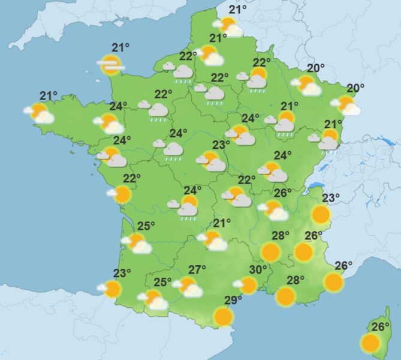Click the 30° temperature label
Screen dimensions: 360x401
coord(258,269)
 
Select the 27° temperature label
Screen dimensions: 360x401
coord(197,269)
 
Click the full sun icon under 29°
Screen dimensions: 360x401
coord(224,316)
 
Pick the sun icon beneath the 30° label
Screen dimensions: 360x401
coord(248,285)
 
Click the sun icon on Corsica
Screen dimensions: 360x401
coord(370,343)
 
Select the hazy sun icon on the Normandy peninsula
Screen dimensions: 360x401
coord(110,64)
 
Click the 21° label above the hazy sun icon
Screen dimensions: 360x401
coord(121,48)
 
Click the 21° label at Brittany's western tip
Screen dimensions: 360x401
coord(49,95)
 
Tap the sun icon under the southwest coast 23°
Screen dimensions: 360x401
coord(111,290)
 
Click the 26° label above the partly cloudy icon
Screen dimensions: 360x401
coord(282,193)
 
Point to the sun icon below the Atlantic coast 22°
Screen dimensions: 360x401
coord(122,194)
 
